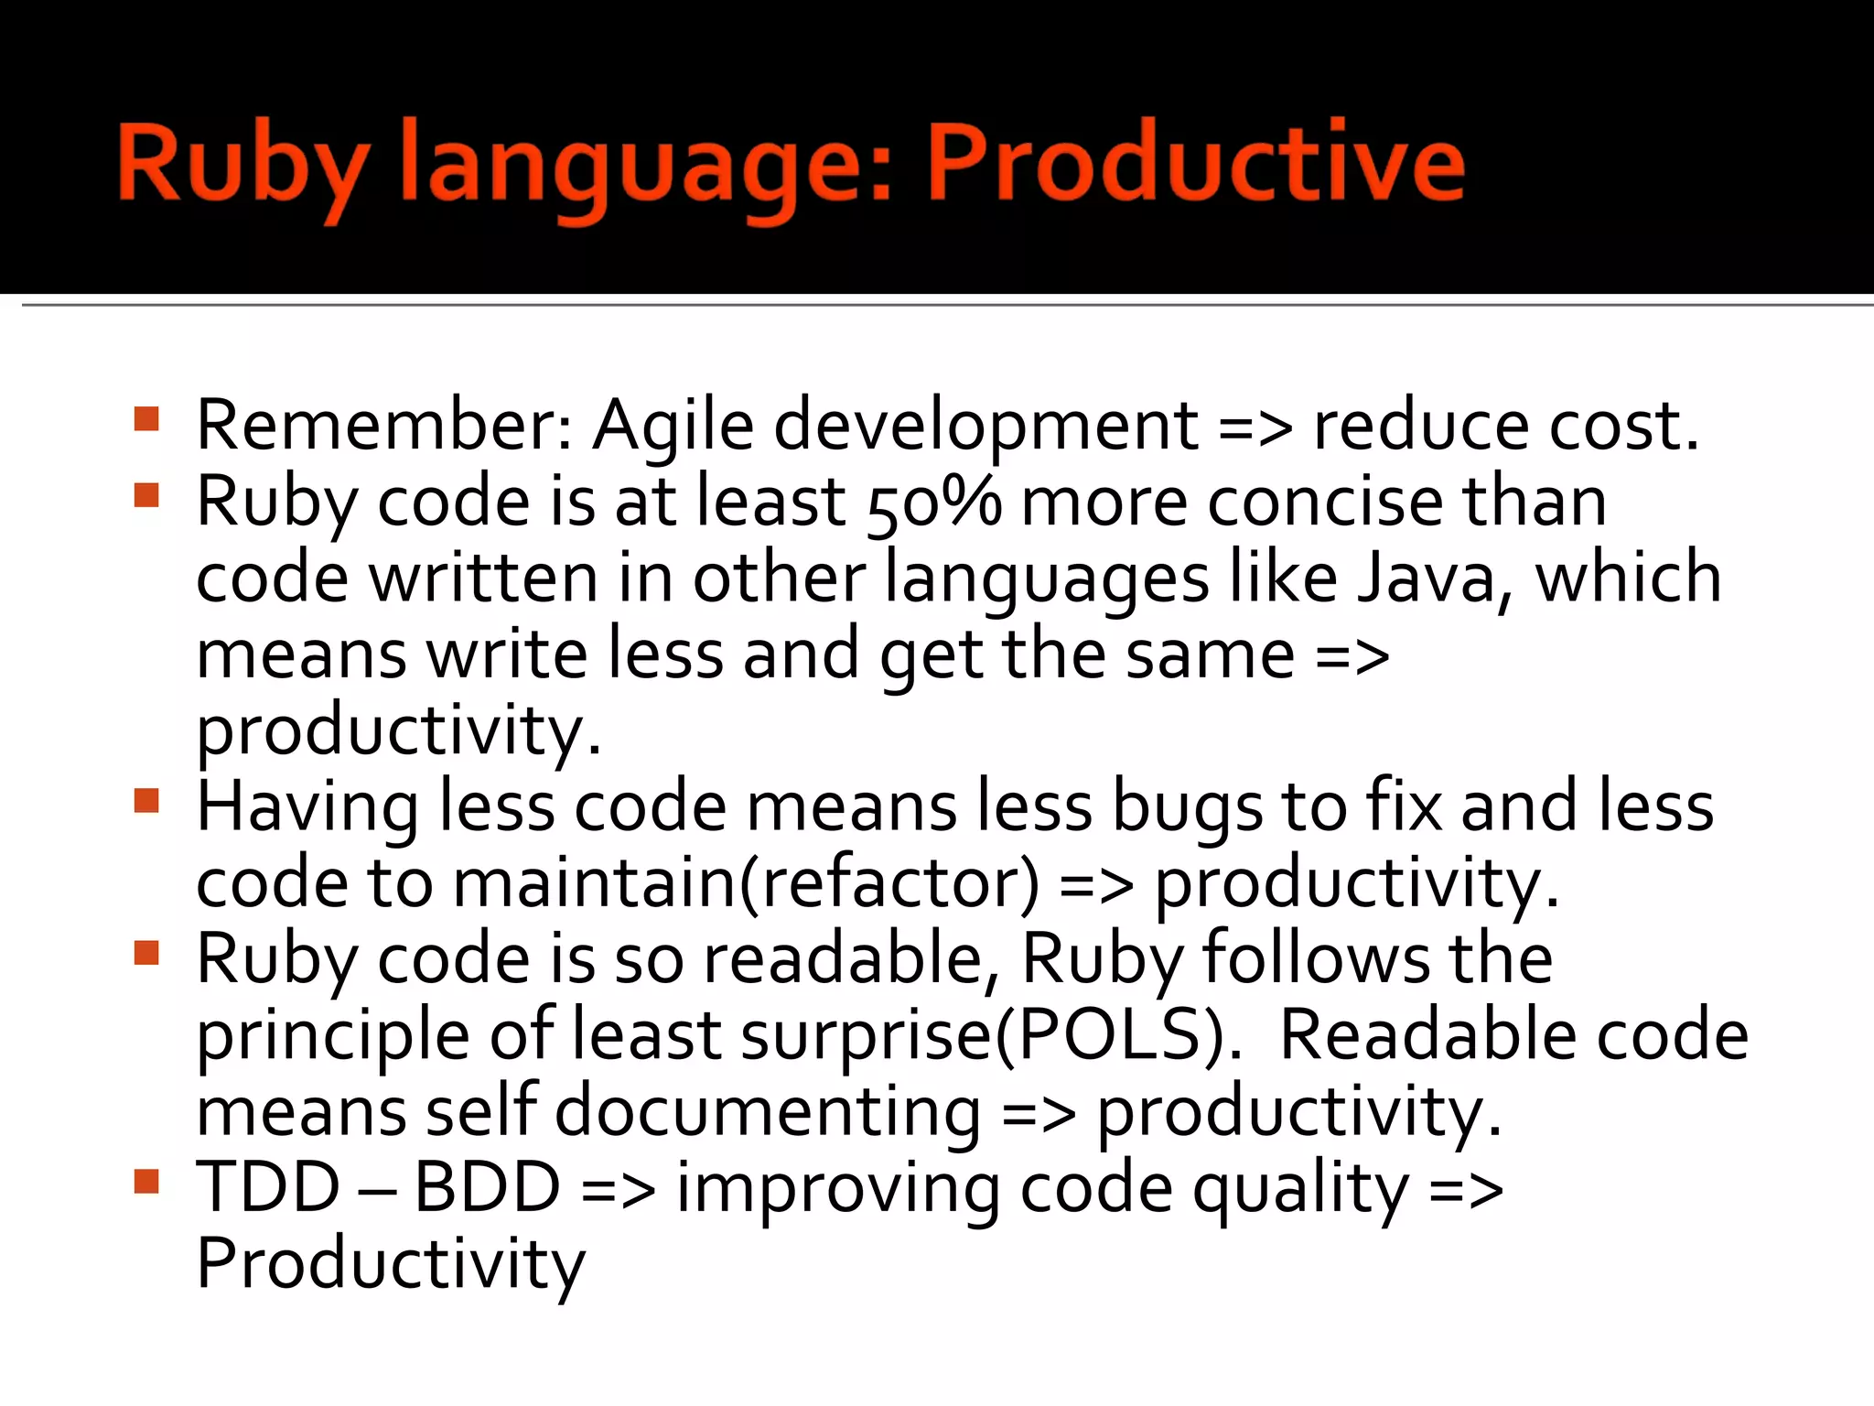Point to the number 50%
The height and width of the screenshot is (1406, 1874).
[x=933, y=503]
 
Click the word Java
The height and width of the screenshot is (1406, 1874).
[x=1433, y=579]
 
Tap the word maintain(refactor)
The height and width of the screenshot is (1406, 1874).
[x=746, y=885]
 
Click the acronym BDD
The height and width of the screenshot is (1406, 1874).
[x=487, y=1188]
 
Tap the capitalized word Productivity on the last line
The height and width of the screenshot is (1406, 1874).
[x=391, y=1266]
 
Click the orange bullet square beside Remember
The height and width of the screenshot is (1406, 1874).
[x=146, y=419]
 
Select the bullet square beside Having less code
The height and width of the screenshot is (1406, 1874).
[x=146, y=801]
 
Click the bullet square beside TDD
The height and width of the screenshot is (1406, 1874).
[x=146, y=1182]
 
